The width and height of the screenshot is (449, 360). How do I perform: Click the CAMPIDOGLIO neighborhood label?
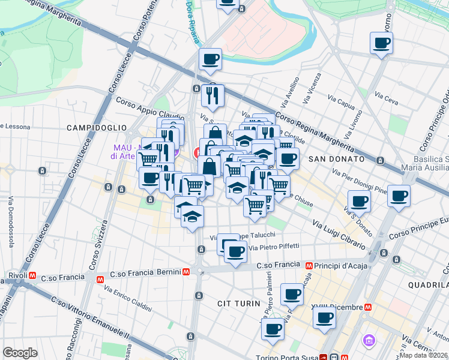click(97, 128)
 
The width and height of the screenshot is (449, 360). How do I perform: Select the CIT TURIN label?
click(238, 305)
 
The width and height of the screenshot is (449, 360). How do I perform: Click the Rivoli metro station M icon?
click(32, 277)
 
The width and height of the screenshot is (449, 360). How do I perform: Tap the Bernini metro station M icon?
click(187, 272)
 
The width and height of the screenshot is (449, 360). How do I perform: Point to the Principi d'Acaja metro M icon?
click(309, 265)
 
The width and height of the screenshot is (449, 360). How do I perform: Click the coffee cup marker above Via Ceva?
click(381, 43)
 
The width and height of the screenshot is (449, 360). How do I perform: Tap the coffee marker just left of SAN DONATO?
click(288, 159)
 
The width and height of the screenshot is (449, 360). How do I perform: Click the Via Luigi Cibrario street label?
click(339, 234)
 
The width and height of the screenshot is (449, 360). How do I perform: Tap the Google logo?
click(20, 353)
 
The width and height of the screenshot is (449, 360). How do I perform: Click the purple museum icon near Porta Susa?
click(369, 341)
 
